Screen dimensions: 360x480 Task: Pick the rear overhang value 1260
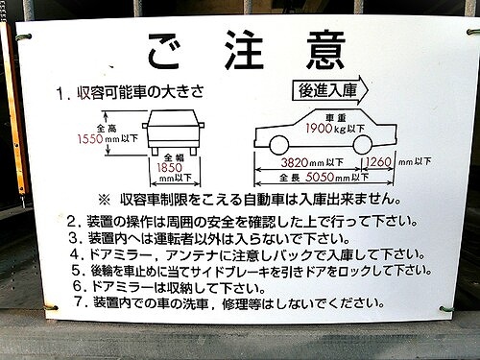[379, 162]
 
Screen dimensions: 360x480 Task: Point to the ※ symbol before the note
[105, 201]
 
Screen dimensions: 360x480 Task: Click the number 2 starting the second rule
[72, 221]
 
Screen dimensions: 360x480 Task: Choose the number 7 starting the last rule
[72, 303]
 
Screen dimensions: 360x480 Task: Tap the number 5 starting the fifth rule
[72, 271]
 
